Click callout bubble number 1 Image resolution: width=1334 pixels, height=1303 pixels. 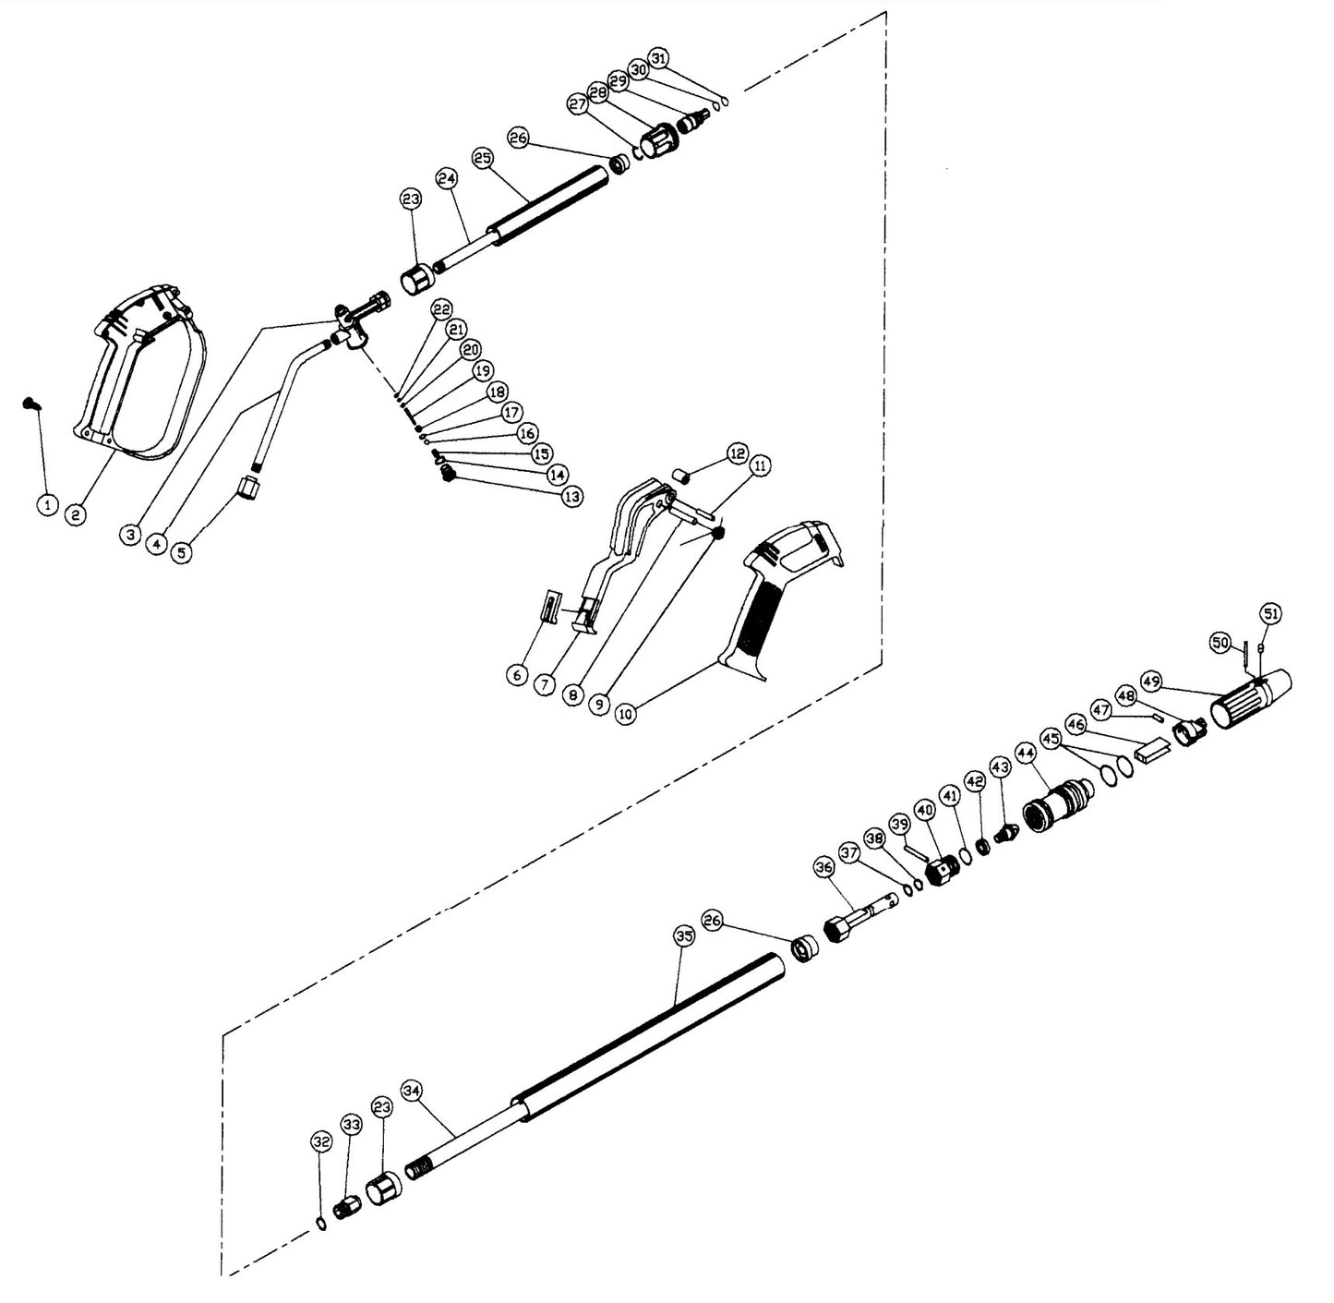coord(47,504)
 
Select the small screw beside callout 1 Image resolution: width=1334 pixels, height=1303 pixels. coord(30,403)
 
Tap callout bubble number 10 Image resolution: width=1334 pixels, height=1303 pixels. coord(627,712)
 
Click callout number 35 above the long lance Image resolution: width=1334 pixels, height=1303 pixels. coord(682,936)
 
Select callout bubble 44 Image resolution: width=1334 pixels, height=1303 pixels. coord(1026,754)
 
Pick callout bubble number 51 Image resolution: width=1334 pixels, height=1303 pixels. coord(1271,613)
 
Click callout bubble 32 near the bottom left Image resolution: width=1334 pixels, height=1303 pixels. coord(321,1143)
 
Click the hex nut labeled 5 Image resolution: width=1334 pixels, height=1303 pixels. coord(247,486)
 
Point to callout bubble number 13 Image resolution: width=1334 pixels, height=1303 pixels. coord(572,496)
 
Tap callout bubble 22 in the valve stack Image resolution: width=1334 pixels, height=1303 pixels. coord(442,309)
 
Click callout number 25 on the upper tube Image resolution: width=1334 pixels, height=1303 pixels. coord(483,158)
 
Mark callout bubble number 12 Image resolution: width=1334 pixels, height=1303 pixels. coord(736,453)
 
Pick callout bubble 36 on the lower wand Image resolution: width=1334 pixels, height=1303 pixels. coord(824,866)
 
